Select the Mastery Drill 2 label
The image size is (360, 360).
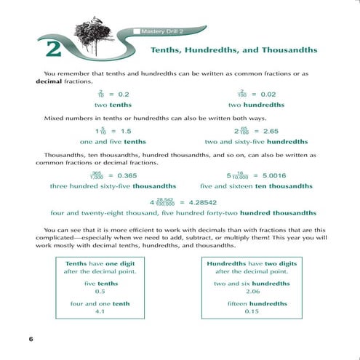click(x=161, y=31)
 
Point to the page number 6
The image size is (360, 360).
click(x=31, y=339)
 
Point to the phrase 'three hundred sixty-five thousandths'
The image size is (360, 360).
click(x=113, y=187)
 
